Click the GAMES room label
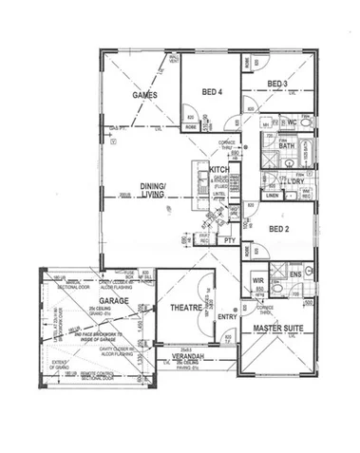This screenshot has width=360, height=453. point(143,96)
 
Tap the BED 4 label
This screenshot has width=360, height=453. point(213,92)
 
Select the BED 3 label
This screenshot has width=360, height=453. point(278,85)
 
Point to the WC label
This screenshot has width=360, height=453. point(294,123)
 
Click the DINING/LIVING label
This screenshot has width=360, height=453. point(153,189)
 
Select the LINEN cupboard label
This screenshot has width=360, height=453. point(273,197)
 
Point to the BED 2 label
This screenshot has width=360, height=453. point(279,229)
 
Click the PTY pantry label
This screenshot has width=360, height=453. point(229,240)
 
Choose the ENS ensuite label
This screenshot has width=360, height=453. point(295,274)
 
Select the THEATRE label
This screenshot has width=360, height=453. point(185,309)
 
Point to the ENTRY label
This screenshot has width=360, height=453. point(227,316)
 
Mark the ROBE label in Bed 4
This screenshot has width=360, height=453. point(190,125)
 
